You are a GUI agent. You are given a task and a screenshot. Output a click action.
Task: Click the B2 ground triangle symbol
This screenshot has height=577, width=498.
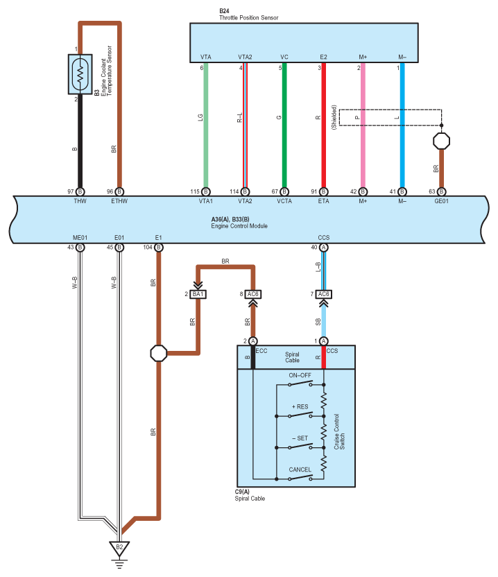pyautogui.click(x=119, y=549)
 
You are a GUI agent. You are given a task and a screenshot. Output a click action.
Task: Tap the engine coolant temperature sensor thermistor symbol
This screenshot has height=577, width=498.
pyautogui.click(x=80, y=74)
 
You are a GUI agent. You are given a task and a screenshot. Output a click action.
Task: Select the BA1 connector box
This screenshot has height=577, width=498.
pyautogui.click(x=198, y=294)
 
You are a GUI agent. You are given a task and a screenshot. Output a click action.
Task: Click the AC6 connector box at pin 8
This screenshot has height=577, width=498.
pyautogui.click(x=253, y=294)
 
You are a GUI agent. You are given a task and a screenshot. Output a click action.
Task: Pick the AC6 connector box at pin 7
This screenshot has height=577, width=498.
pyautogui.click(x=323, y=294)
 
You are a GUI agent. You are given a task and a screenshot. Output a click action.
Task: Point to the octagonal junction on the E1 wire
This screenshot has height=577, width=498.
pyautogui.click(x=159, y=353)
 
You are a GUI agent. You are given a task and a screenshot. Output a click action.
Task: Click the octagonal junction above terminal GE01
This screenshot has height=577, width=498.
pyautogui.click(x=441, y=141)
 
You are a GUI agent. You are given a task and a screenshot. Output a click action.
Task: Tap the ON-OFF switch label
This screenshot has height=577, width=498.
pyautogui.click(x=300, y=375)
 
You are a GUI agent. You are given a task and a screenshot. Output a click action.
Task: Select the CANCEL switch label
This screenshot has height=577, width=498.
pyautogui.click(x=300, y=470)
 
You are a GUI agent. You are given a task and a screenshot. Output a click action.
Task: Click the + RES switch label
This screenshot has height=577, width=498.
pyautogui.click(x=300, y=406)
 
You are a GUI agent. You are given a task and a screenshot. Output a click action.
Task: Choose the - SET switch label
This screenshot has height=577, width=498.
pyautogui.click(x=300, y=438)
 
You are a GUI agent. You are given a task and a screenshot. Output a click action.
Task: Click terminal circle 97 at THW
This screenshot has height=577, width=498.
pyautogui.click(x=80, y=191)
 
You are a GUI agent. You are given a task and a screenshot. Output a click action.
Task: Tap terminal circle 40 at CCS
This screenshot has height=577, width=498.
pyautogui.click(x=323, y=248)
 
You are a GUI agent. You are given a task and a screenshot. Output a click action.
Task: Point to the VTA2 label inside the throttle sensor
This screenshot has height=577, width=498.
pyautogui.click(x=245, y=57)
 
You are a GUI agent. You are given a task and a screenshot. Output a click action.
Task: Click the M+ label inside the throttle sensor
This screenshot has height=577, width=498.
pyautogui.click(x=363, y=57)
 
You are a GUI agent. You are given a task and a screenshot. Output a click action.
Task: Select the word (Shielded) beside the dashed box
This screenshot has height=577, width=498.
pyautogui.click(x=334, y=117)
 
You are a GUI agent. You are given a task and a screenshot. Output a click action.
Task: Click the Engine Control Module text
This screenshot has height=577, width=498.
pyautogui.click(x=239, y=226)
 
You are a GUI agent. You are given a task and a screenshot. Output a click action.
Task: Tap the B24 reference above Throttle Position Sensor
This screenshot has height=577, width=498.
pyautogui.click(x=224, y=11)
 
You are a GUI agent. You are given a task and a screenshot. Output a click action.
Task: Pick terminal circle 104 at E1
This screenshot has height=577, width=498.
pyautogui.click(x=159, y=248)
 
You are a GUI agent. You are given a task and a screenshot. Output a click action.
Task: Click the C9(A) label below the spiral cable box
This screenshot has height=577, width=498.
pyautogui.click(x=242, y=492)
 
